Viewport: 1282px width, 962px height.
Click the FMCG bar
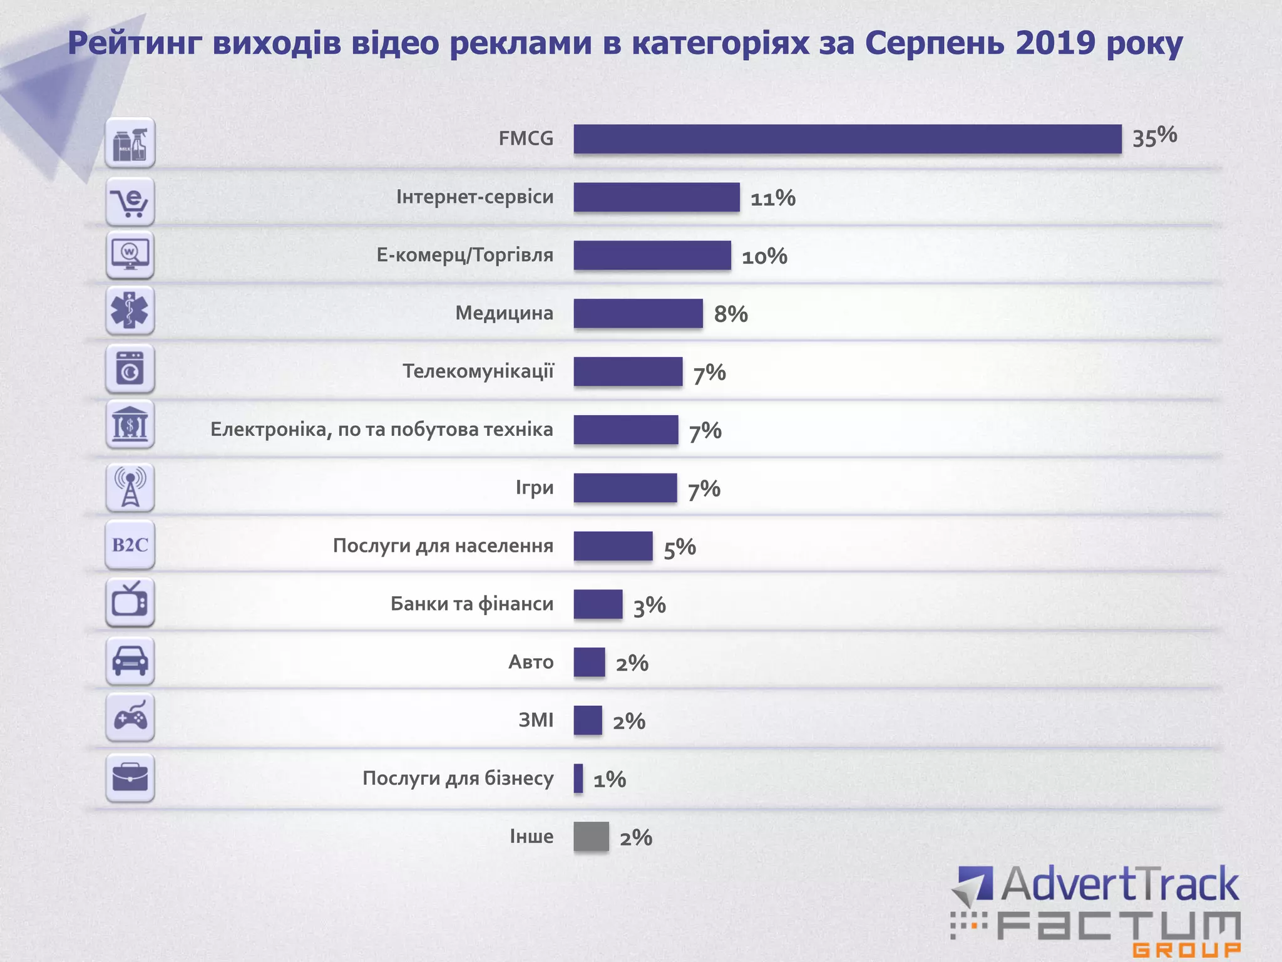[847, 139]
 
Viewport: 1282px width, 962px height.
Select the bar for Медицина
[638, 313]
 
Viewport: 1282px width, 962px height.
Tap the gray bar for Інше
[591, 837]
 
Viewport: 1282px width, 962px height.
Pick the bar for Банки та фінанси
[598, 604]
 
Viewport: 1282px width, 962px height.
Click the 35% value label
[1154, 137]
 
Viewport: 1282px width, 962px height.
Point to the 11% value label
[772, 199]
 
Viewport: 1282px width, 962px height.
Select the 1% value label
[609, 780]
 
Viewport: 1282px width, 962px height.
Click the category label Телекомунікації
[478, 371]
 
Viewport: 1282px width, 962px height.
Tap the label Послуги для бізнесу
[458, 778]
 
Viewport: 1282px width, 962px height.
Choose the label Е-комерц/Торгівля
[464, 256]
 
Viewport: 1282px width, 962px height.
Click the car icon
[130, 661]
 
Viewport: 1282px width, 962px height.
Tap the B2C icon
[130, 545]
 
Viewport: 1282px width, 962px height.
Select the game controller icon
[130, 718]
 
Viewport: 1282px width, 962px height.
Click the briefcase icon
[130, 777]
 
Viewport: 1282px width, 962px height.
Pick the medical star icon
[130, 311]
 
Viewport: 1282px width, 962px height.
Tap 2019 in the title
[1055, 44]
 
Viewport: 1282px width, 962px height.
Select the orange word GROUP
[1186, 949]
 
